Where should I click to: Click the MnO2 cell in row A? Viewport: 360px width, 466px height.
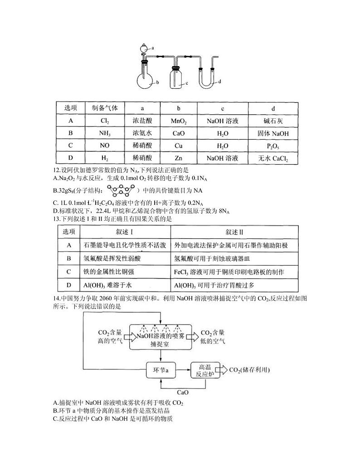coord(179,121)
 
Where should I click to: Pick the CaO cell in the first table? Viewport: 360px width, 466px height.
coord(179,134)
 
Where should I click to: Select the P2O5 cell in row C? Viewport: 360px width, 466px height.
coord(272,146)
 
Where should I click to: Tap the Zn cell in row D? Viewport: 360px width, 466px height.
coord(179,158)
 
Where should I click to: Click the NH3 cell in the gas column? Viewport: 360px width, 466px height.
coord(105,134)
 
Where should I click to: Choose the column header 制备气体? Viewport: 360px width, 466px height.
coord(105,108)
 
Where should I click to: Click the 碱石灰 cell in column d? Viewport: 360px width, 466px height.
coord(272,121)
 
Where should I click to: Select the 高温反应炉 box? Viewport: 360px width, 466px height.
coord(205,370)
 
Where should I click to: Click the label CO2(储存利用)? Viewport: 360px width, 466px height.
coord(250,370)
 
